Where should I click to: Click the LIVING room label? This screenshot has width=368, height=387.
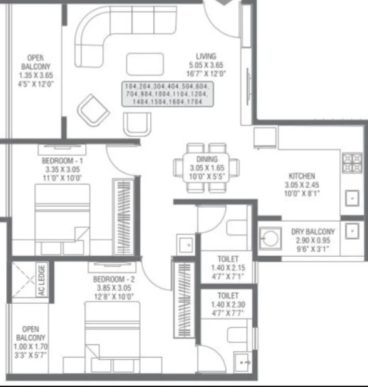206,56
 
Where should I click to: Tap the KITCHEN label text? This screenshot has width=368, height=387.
302,176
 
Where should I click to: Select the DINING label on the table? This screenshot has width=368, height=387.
207,159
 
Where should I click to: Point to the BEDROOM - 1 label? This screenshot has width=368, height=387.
62,161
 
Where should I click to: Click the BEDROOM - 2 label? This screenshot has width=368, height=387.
114,279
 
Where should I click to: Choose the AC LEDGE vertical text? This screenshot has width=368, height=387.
42,280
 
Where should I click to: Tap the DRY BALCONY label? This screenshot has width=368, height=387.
313,232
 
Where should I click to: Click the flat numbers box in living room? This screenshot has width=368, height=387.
168,94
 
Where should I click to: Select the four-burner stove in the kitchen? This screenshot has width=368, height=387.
352,163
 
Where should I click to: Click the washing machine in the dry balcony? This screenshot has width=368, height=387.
270,239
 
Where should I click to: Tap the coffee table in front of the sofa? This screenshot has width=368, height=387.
145,64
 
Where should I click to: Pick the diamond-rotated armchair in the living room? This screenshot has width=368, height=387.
93,110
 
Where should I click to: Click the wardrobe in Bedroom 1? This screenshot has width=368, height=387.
123,217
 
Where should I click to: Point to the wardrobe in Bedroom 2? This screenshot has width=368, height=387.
184,300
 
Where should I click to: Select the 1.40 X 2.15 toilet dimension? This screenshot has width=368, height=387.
228,268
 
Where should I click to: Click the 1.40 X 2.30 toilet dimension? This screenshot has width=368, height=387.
228,304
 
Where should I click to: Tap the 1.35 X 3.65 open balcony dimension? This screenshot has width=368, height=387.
36,75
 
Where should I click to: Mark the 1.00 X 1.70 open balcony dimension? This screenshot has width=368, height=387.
31,346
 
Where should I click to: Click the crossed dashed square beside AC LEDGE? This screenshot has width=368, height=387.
23,280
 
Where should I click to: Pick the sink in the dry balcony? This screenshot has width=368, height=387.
352,231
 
